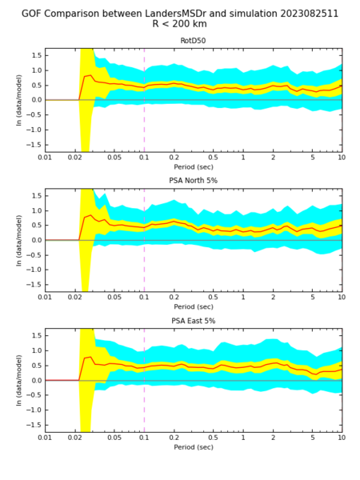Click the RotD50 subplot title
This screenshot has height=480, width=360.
[x=193, y=41]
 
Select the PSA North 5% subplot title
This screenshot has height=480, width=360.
[x=193, y=181]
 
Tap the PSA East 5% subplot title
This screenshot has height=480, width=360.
[x=193, y=321]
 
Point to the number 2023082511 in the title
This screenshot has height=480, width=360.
[x=308, y=14]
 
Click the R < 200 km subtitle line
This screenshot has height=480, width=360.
[x=180, y=24]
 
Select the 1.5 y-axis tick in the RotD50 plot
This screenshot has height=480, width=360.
[x=36, y=55]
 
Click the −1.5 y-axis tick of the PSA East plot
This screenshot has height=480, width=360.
[x=34, y=425]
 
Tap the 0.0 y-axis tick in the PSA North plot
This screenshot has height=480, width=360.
[x=36, y=240]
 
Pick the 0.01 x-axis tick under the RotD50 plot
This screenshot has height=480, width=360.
[x=45, y=158]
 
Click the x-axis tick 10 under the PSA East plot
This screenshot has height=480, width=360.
[x=342, y=438]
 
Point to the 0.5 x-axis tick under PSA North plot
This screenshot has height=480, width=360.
[x=213, y=297]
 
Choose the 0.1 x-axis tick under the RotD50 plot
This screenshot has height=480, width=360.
[x=144, y=158]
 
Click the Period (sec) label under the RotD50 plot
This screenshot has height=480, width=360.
[x=194, y=167]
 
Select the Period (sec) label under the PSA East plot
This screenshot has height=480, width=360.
[x=194, y=447]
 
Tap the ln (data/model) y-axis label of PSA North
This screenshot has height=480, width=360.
[x=19, y=240]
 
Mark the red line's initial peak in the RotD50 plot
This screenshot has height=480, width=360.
[x=90, y=75]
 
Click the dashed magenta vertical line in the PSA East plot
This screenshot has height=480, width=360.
[x=144, y=380]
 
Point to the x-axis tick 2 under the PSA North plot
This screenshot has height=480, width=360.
[x=273, y=297]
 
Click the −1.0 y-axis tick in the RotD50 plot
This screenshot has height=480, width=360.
[x=34, y=130]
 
